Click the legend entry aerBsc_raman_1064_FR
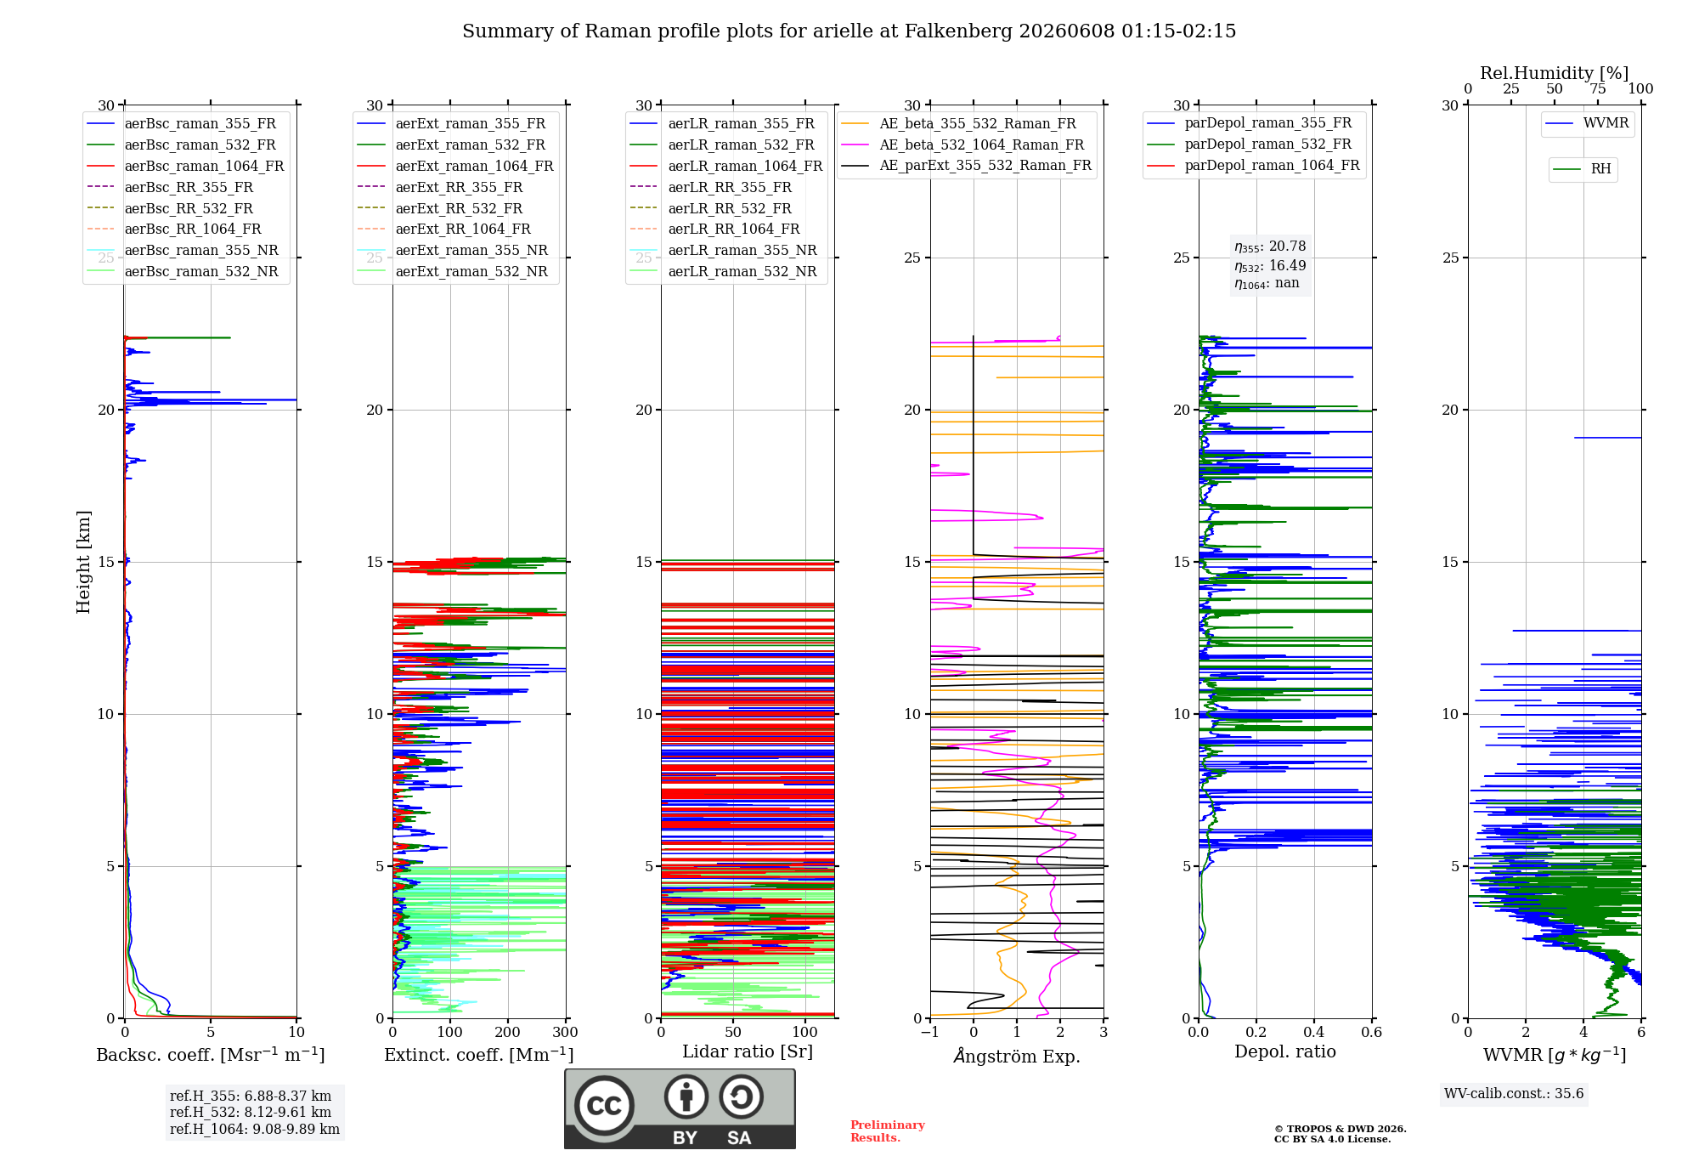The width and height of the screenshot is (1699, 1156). [x=185, y=166]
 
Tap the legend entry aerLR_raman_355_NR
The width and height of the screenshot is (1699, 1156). [x=723, y=250]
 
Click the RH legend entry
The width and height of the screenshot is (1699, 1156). [x=1582, y=169]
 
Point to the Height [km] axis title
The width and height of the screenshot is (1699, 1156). [x=83, y=562]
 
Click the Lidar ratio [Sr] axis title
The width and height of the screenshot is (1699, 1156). [x=748, y=1051]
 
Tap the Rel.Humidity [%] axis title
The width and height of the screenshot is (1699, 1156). [x=1555, y=73]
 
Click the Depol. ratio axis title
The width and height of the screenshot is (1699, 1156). [x=1285, y=1051]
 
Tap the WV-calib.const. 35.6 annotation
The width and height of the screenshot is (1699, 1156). [x=1514, y=1093]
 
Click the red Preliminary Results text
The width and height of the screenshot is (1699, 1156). [x=888, y=1131]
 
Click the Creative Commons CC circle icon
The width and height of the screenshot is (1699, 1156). [x=605, y=1105]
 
